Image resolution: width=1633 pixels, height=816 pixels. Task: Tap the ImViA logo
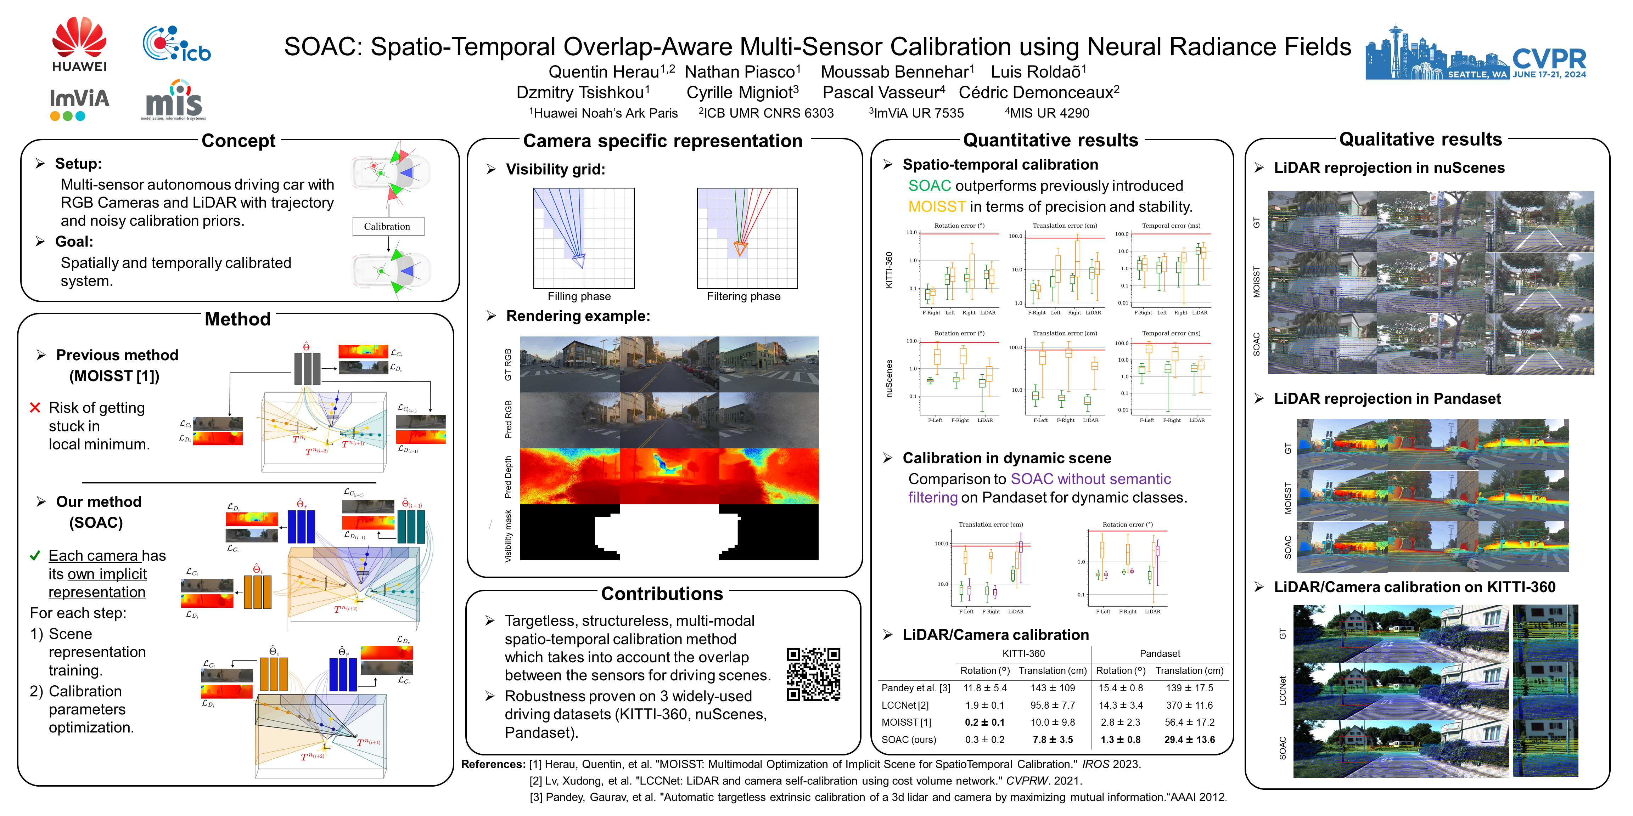tap(79, 103)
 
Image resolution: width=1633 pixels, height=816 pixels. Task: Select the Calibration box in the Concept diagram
tap(387, 226)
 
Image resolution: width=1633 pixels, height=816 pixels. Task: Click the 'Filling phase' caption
tap(579, 296)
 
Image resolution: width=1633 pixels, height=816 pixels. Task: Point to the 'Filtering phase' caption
tap(743, 296)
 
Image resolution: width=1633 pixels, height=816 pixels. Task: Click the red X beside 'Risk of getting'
tap(35, 407)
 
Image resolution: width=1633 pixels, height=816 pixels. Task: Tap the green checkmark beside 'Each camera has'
tap(35, 556)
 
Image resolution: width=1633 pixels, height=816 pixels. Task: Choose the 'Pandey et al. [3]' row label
tap(915, 688)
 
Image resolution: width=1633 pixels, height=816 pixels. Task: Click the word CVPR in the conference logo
tap(1549, 59)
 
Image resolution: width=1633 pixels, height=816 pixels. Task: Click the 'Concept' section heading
tap(239, 141)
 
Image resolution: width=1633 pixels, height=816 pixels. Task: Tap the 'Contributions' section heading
tap(662, 594)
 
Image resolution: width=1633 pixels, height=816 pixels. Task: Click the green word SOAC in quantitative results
tap(929, 186)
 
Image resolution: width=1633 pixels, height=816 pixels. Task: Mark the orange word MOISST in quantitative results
tap(936, 206)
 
